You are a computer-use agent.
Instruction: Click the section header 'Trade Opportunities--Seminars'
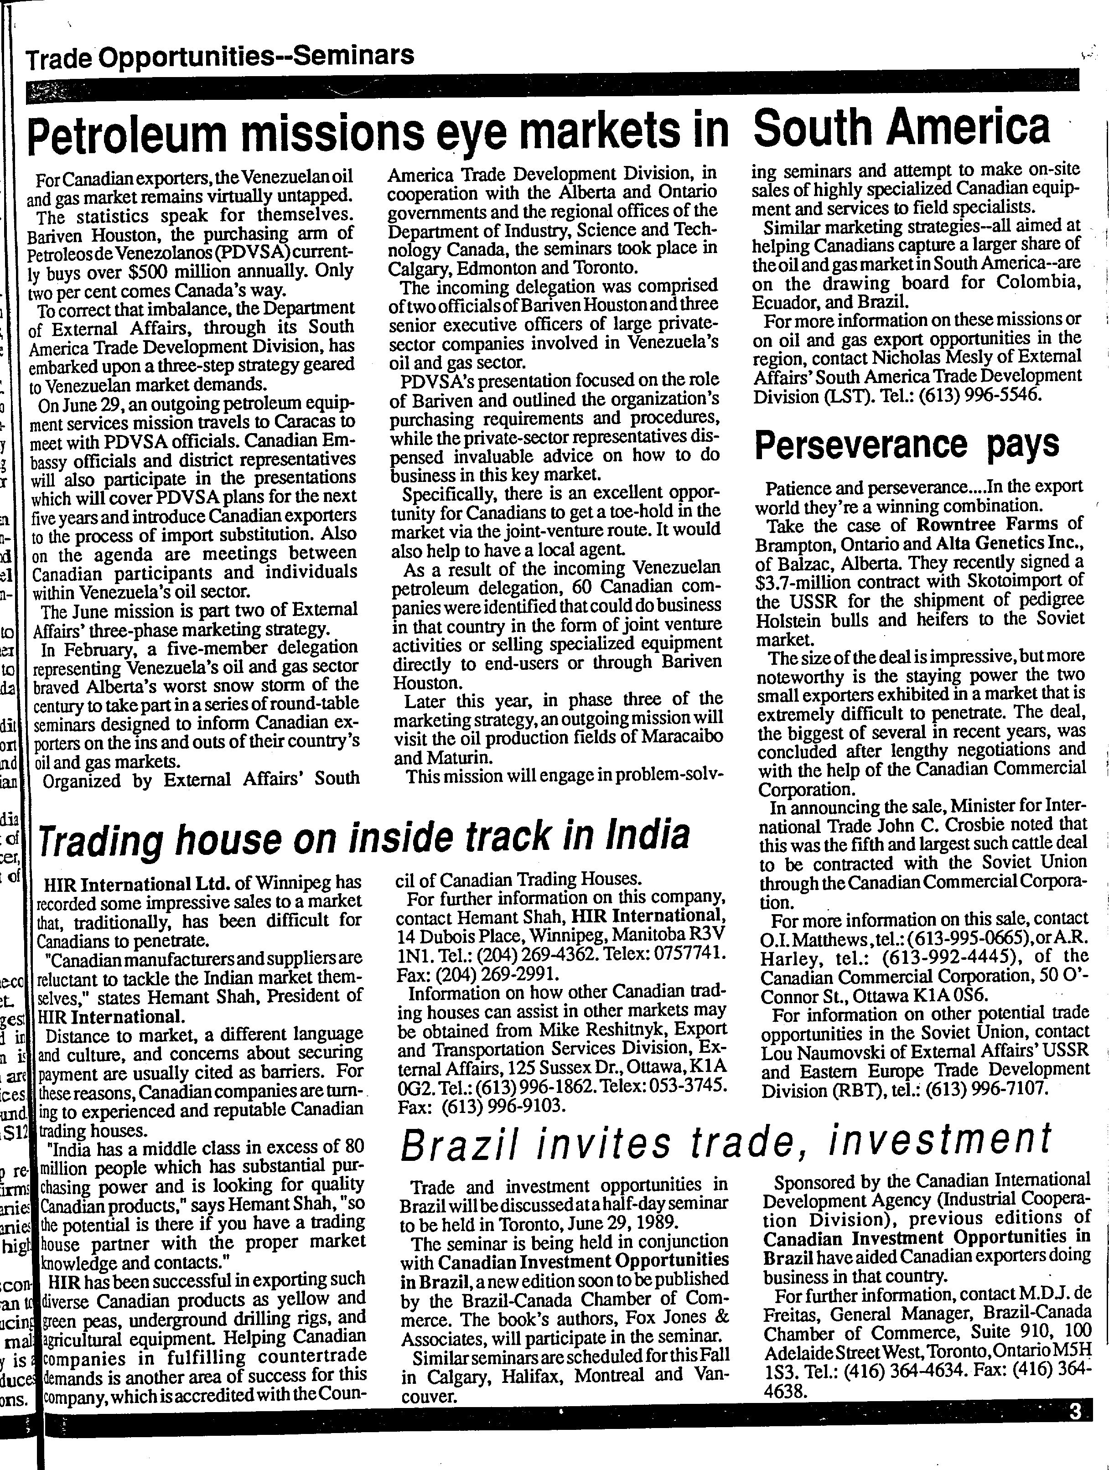point(219,58)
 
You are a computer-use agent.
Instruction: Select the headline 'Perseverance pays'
point(907,445)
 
